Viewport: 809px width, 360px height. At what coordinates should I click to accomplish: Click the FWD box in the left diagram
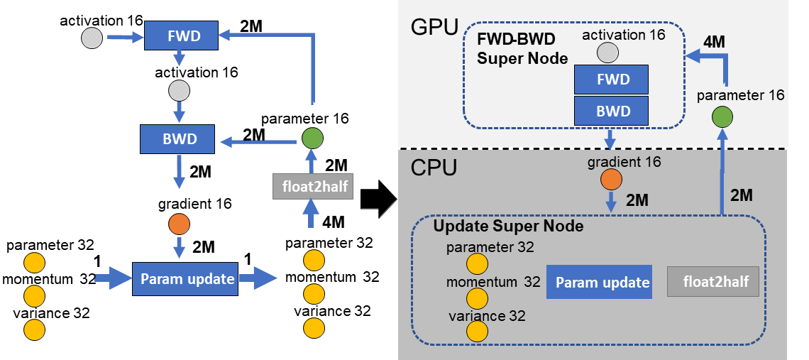[181, 35]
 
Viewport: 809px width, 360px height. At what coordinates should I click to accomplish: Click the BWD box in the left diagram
[177, 138]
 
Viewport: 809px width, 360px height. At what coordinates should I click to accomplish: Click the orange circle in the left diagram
[179, 224]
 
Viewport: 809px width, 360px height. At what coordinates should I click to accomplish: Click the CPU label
[433, 168]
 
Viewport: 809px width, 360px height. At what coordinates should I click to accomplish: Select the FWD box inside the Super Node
[612, 80]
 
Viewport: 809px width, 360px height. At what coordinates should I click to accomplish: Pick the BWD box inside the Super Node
[612, 111]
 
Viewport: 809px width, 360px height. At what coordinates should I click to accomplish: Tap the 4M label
[713, 43]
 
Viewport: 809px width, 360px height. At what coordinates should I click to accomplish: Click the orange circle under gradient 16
[610, 180]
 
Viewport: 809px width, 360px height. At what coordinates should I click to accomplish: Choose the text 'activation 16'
[622, 34]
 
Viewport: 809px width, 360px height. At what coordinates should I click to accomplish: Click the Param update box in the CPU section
[602, 283]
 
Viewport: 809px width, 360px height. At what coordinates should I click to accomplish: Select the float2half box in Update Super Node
[713, 283]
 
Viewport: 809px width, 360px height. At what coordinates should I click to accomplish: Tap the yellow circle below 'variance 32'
[477, 331]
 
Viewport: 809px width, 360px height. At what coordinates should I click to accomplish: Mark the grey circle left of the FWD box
[92, 38]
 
